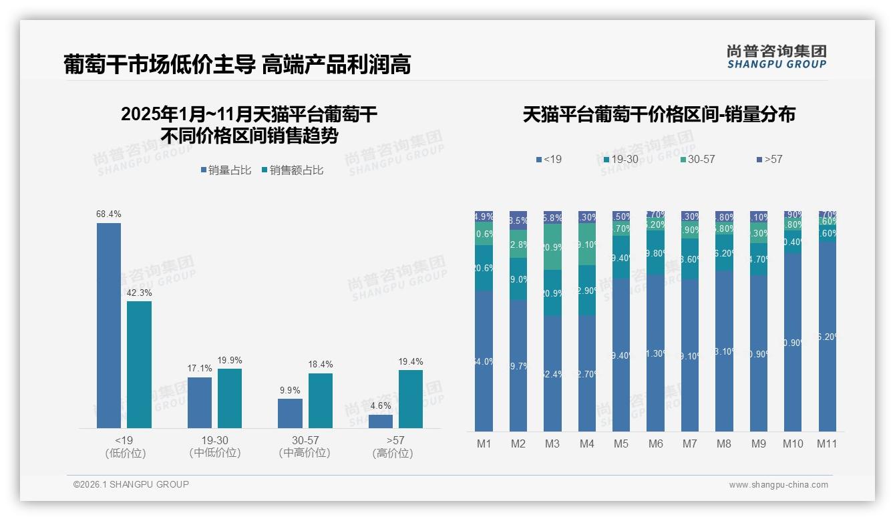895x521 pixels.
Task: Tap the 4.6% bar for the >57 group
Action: tap(381, 421)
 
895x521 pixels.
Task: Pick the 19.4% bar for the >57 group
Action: tap(411, 399)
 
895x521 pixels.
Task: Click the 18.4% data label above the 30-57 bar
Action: tap(321, 365)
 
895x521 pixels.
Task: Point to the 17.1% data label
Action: tap(200, 369)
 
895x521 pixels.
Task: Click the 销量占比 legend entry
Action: tap(226, 170)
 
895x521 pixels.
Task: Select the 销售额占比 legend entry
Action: tap(293, 170)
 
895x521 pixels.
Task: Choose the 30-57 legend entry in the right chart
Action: tap(697, 160)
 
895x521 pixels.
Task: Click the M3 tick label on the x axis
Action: tap(552, 444)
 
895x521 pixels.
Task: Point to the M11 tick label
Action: tap(827, 444)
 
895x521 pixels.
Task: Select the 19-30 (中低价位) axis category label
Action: tap(214, 446)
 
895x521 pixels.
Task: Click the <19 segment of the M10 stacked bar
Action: tap(793, 342)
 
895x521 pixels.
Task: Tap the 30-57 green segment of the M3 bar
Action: tap(552, 246)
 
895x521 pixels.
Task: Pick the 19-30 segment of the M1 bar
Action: tap(484, 267)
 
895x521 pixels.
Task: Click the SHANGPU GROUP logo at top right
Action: tap(777, 57)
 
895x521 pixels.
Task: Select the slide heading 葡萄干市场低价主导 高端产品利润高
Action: tap(237, 64)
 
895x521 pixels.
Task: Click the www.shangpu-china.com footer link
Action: tap(778, 485)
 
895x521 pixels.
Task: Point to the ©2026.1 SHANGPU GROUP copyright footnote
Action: tap(131, 484)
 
